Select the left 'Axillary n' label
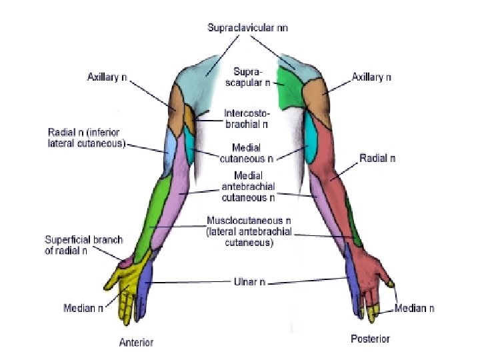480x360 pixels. point(107,77)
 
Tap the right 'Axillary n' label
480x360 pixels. point(371,77)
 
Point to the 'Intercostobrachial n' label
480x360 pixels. point(247,118)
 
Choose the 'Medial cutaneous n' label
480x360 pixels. point(246,153)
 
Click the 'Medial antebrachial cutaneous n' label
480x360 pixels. point(248,187)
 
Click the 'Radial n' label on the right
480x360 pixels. point(377,159)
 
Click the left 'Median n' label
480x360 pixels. point(83,309)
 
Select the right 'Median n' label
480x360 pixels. point(415,309)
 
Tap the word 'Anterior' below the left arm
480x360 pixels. point(136,343)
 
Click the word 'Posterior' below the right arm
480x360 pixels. point(370,339)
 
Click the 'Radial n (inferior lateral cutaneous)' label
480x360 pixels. point(87,137)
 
